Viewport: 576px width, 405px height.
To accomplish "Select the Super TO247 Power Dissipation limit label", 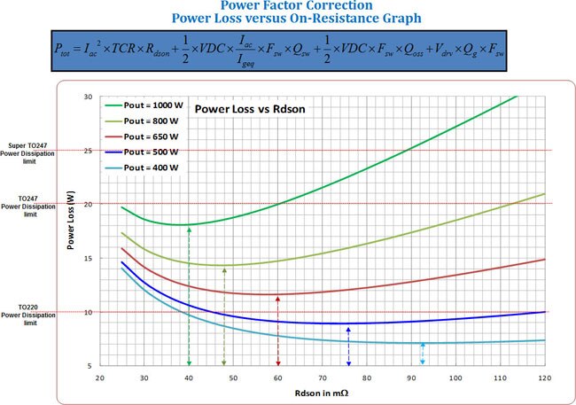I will pyautogui.click(x=31, y=150).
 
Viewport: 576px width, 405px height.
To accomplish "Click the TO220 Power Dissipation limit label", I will pyautogui.click(x=30, y=315).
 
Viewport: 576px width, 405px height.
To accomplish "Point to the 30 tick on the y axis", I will pyautogui.click(x=88, y=96).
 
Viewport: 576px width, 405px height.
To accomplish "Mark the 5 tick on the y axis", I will pyautogui.click(x=90, y=366).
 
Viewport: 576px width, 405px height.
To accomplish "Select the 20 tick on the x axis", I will pyautogui.click(x=100, y=378).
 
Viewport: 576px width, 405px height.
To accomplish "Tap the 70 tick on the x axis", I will pyautogui.click(x=322, y=378).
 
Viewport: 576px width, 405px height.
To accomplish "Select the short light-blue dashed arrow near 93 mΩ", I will pyautogui.click(x=423, y=354).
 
